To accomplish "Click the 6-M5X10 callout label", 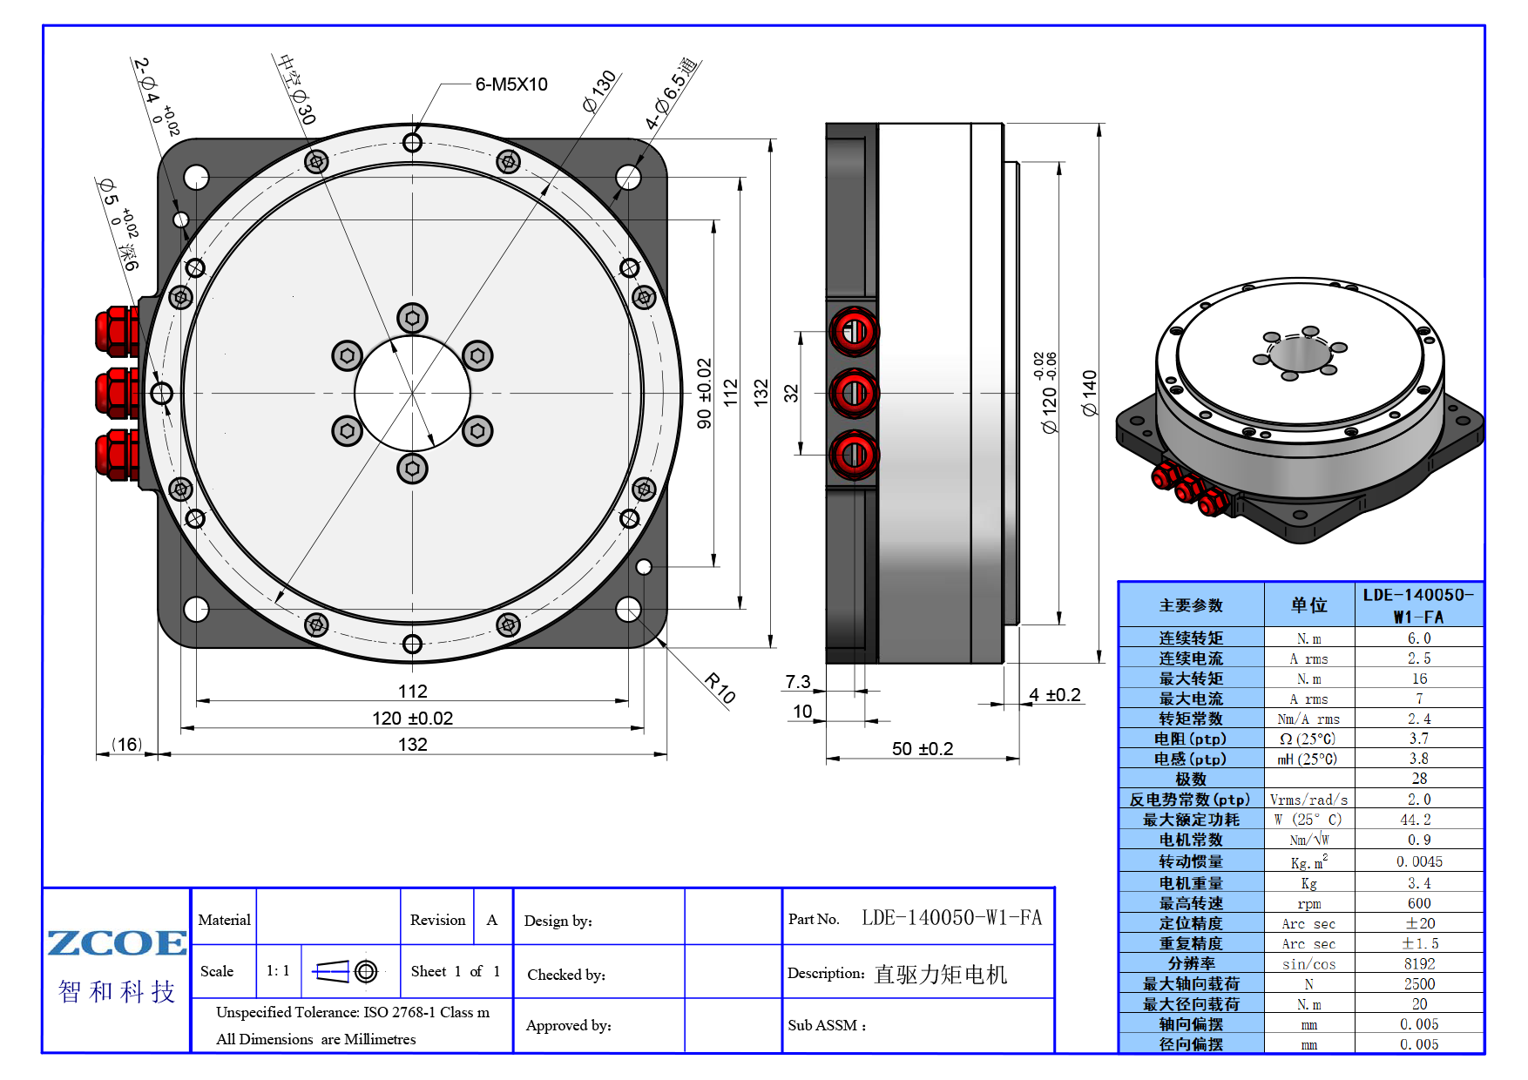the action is point(511,84).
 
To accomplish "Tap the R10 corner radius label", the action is point(720,688).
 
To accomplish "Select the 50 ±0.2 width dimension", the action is point(923,748).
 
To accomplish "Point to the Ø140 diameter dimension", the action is point(1089,393).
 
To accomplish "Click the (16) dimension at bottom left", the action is point(127,744).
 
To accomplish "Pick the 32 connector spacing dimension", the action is point(791,393).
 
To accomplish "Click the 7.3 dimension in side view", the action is point(798,681).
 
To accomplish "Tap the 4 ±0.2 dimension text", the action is point(1055,694).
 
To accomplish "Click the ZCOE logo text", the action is point(117,942).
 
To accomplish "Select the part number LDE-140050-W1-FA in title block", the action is point(952,917).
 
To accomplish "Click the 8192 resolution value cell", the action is point(1419,963).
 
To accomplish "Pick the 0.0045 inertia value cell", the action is point(1419,861).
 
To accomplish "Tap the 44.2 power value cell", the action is point(1419,820).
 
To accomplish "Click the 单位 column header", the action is point(1309,604).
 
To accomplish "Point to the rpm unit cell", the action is point(1309,904).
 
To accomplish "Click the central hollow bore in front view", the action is point(412,393).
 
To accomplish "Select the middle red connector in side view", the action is point(855,393).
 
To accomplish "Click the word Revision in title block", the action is point(437,920).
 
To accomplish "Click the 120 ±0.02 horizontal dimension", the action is point(412,718).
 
